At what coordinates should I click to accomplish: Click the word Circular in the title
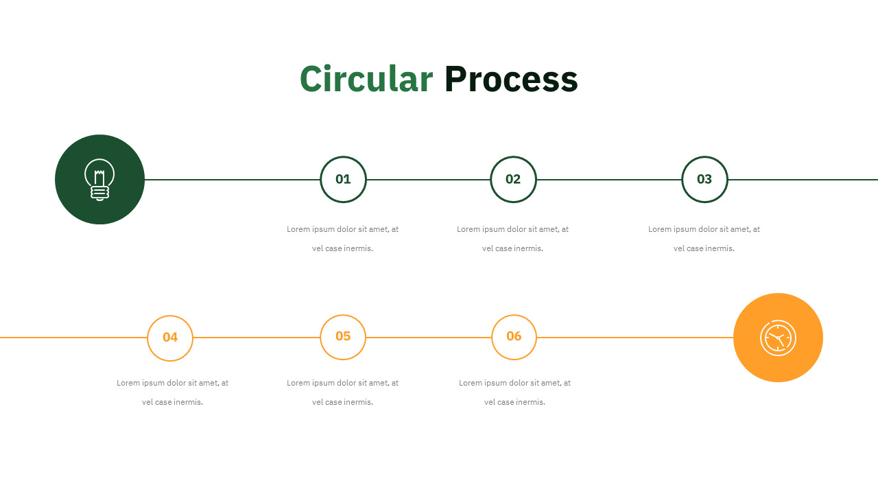tap(366, 79)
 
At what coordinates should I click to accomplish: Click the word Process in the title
tap(511, 79)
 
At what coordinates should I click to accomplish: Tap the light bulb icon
tap(99, 180)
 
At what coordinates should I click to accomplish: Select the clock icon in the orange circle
tap(778, 338)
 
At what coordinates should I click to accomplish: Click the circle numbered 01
tap(344, 157)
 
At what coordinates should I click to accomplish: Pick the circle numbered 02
tap(513, 157)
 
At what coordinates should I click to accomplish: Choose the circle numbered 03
tap(704, 157)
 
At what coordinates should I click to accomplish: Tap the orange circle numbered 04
tap(170, 316)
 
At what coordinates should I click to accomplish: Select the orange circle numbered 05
tap(343, 315)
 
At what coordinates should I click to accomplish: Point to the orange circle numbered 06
tap(514, 315)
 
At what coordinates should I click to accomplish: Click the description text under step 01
tap(342, 239)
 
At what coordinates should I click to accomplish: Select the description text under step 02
tap(512, 239)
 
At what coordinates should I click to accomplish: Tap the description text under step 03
tap(704, 239)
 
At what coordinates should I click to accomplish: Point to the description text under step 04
tap(172, 392)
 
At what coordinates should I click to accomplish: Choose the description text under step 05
tap(342, 392)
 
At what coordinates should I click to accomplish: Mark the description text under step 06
tap(514, 392)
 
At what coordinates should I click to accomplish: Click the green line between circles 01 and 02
tap(429, 180)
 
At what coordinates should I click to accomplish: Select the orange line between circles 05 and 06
tap(429, 337)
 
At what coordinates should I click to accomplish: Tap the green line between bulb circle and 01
tap(232, 180)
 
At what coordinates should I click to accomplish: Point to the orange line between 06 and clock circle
tap(635, 337)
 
